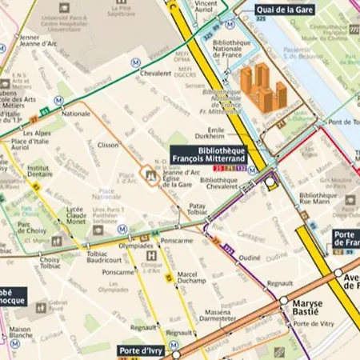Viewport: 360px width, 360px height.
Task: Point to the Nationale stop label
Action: pyautogui.click(x=76, y=114)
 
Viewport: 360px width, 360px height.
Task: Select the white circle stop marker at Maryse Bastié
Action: pyautogui.click(x=283, y=301)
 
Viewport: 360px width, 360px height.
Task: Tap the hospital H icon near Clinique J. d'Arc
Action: pyautogui.click(x=152, y=256)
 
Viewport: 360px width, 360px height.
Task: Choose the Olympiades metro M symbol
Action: pyautogui.click(x=122, y=228)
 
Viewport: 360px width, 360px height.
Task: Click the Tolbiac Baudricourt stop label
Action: pyautogui.click(x=82, y=256)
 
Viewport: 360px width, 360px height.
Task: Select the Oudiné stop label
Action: pyautogui.click(x=250, y=258)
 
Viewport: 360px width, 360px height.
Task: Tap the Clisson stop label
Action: pyautogui.click(x=107, y=146)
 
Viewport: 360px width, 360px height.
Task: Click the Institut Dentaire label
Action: pyautogui.click(x=38, y=173)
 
